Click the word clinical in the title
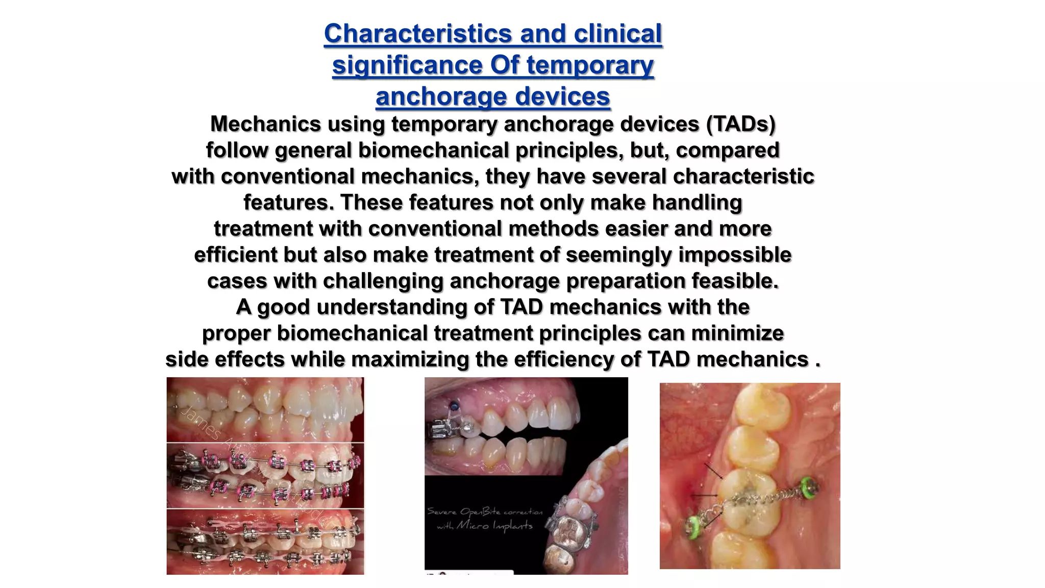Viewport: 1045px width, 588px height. pos(617,34)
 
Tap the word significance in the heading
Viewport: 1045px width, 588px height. pos(408,65)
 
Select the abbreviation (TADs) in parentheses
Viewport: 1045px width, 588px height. pos(740,124)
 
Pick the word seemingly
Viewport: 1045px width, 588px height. pos(618,255)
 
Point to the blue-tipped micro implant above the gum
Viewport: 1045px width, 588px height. pos(453,406)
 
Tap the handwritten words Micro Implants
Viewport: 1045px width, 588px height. pos(494,525)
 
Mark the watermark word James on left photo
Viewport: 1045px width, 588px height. pos(201,422)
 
